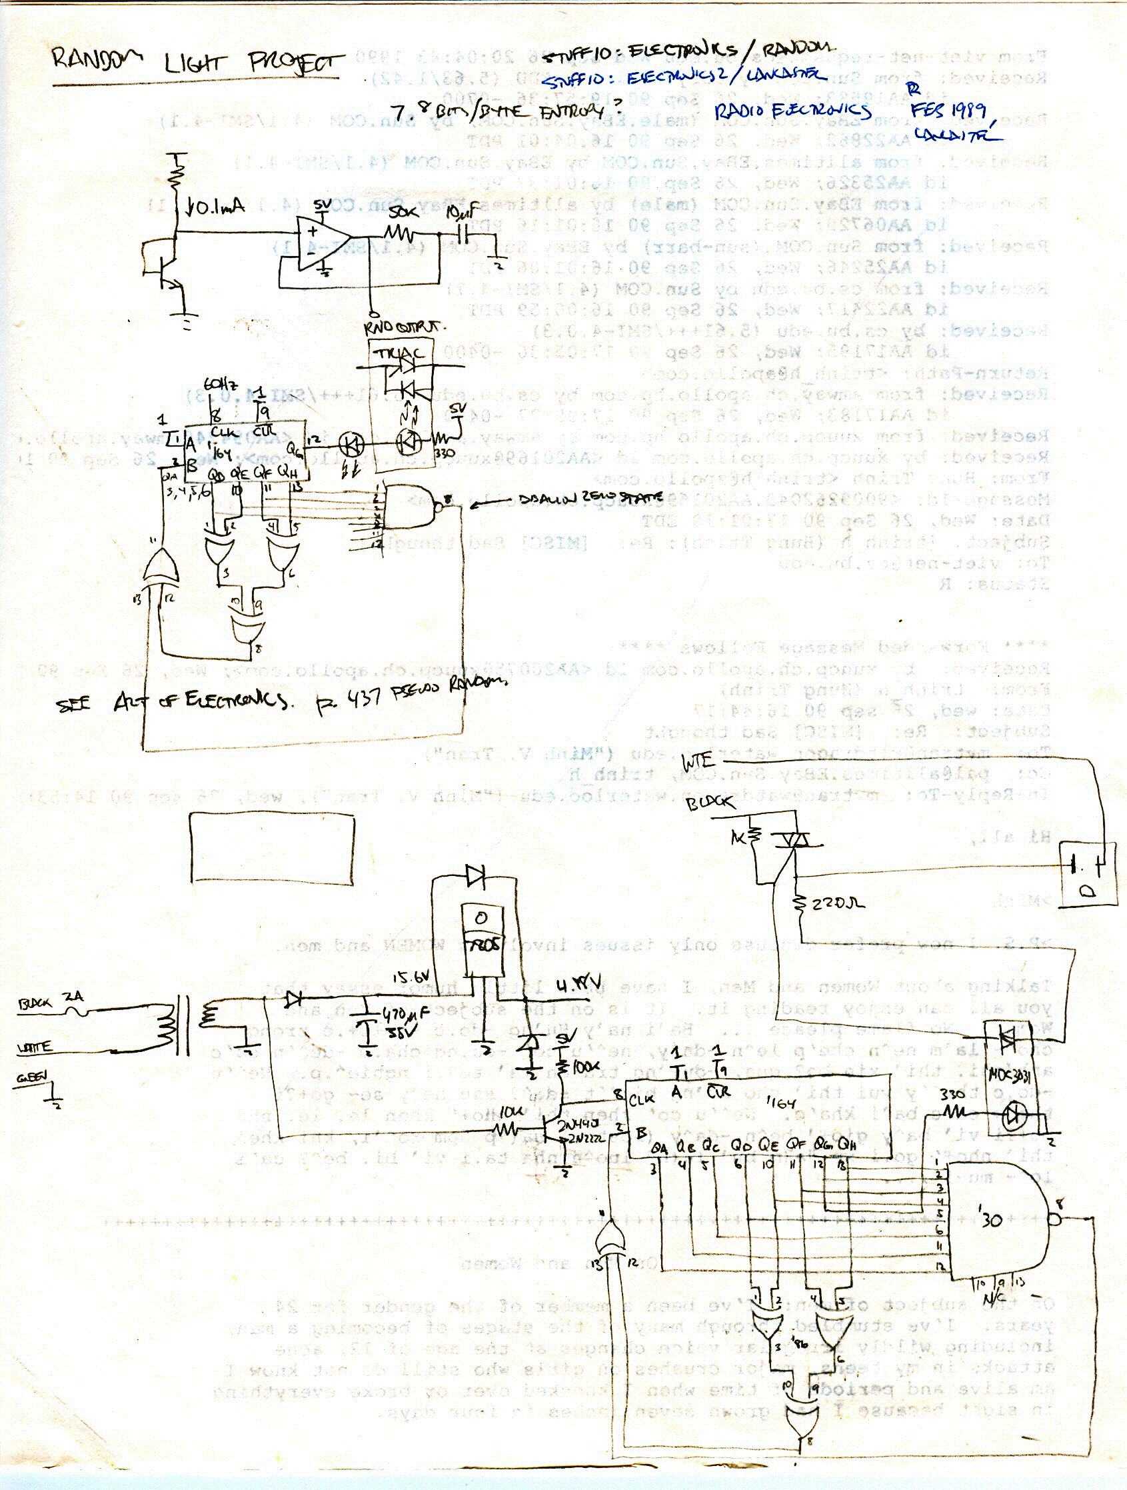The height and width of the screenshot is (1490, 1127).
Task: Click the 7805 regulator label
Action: (x=482, y=944)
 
